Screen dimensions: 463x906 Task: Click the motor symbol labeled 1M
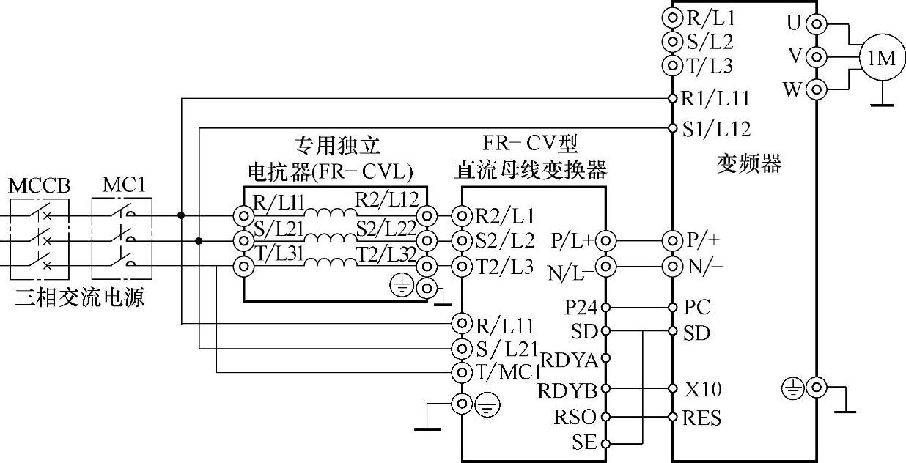point(881,58)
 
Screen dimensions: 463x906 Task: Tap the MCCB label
point(40,186)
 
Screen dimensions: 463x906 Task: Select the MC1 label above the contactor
point(123,185)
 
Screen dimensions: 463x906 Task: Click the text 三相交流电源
point(80,298)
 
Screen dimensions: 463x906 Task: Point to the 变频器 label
point(748,163)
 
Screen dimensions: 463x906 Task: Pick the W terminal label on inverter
point(793,90)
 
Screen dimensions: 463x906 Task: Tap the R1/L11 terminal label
point(715,98)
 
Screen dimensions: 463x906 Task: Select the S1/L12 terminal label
point(716,130)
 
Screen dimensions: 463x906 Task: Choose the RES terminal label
point(701,418)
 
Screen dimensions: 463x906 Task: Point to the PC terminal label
point(696,308)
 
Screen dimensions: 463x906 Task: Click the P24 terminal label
point(581,308)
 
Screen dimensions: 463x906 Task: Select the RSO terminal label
point(575,418)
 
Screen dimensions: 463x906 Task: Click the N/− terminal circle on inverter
point(671,266)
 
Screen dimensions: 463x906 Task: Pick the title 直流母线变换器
point(531,170)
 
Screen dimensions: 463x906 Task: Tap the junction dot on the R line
point(180,215)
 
